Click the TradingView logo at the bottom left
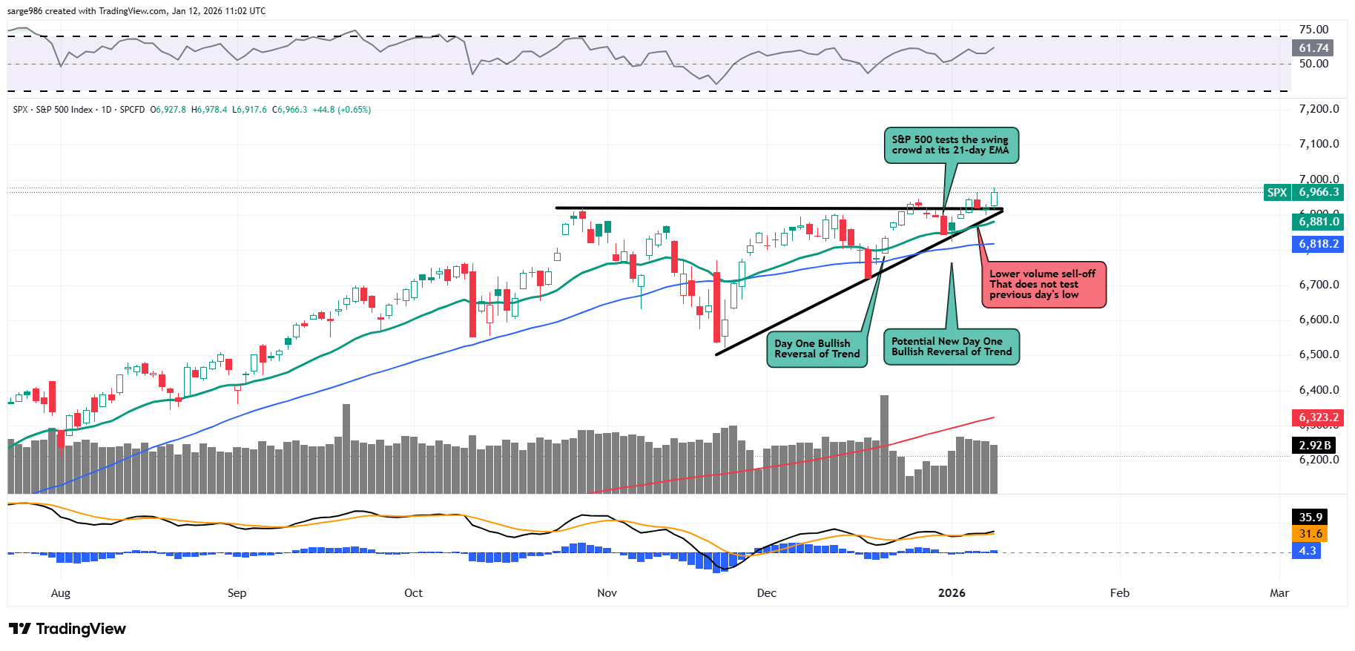[67, 629]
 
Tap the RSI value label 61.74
[1313, 48]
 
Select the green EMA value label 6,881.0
[1318, 222]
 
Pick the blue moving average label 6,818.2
[1318, 244]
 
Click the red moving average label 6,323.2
[1318, 417]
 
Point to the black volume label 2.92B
[1314, 446]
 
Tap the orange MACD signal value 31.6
[1310, 534]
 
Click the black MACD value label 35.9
[1310, 518]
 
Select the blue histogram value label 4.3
[1307, 551]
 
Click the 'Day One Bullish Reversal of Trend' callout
[817, 349]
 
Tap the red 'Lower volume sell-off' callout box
[1043, 284]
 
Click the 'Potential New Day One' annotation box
[952, 347]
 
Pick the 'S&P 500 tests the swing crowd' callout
[950, 145]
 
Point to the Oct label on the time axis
[413, 593]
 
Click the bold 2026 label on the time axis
[952, 593]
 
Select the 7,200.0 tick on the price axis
[1319, 109]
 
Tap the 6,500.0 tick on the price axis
[1319, 354]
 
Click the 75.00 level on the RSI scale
[1313, 30]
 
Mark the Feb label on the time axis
[1119, 593]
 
